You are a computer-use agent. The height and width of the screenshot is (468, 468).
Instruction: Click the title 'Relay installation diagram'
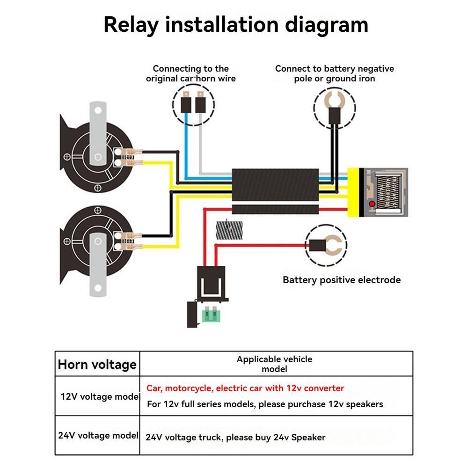tap(235, 24)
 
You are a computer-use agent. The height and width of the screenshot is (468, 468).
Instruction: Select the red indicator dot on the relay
tap(372, 205)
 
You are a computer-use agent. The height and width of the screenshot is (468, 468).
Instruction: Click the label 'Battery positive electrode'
tap(342, 280)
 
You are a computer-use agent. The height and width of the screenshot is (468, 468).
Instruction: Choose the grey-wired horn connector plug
tap(201, 102)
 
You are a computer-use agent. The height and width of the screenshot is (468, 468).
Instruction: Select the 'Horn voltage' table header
tap(97, 364)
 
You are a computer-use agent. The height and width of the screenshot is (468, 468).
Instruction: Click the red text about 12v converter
tap(245, 388)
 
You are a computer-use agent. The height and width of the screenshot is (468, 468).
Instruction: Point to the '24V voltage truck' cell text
tap(235, 438)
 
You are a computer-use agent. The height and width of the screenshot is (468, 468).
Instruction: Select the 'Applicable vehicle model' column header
tap(274, 364)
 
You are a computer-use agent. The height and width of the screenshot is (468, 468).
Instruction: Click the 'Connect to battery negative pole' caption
tap(334, 73)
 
